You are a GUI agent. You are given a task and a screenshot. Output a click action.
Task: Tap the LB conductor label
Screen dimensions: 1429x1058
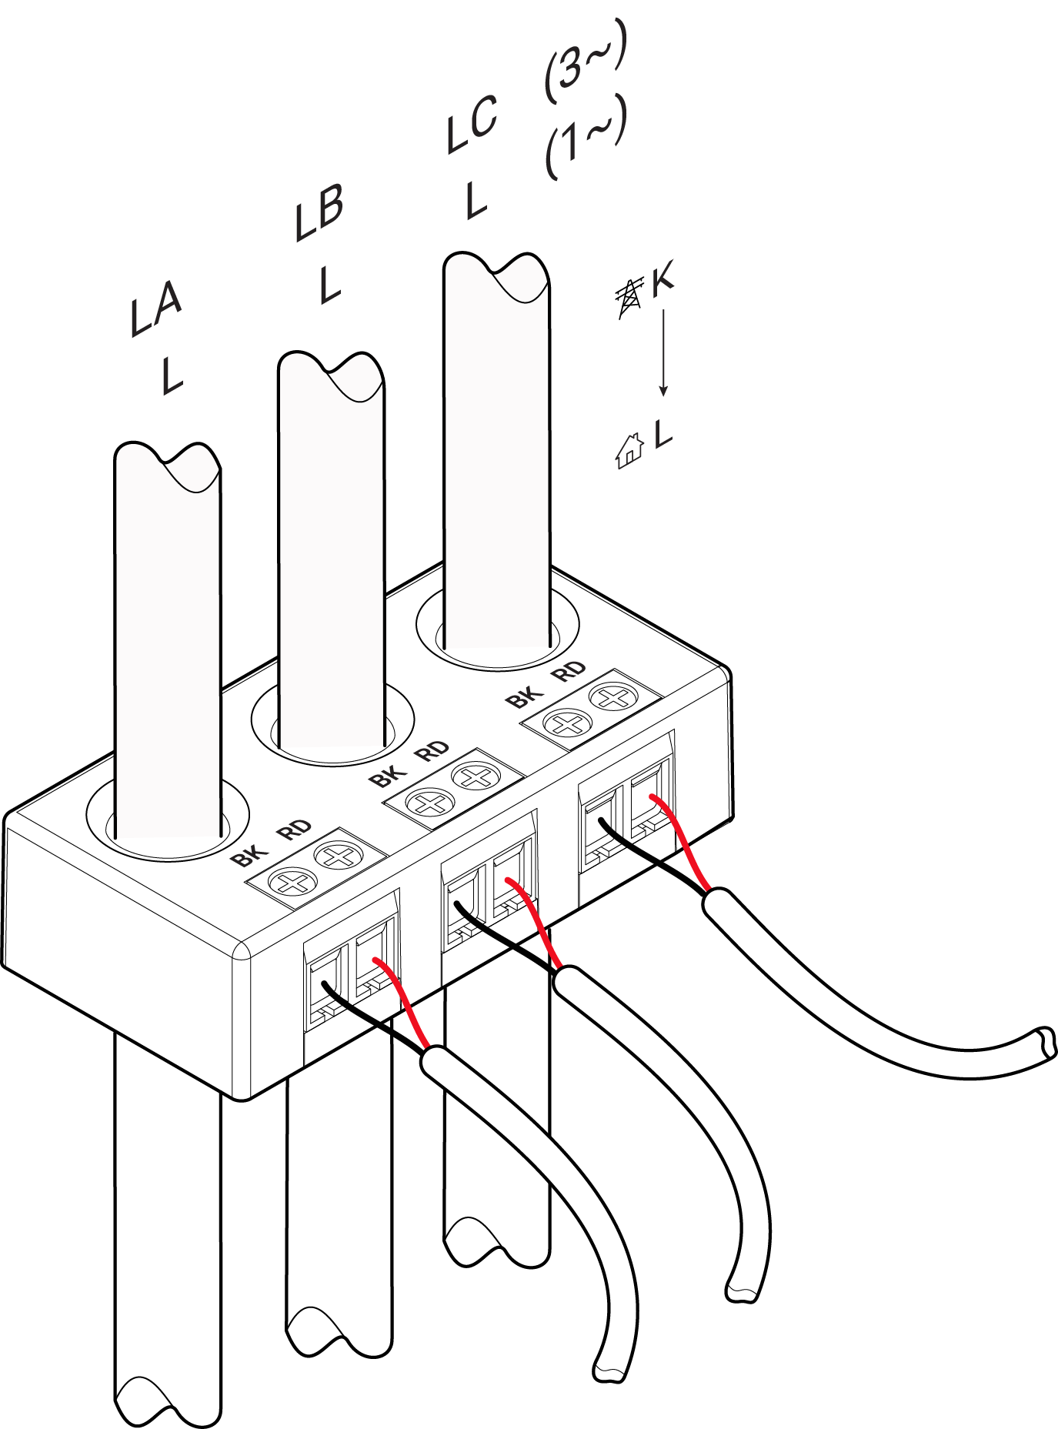point(319,213)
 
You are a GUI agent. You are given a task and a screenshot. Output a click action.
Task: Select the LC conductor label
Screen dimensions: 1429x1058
point(472,124)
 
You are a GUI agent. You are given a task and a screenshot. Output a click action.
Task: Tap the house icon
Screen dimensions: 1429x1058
point(629,450)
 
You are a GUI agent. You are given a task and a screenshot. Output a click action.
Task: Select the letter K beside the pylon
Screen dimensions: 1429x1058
point(663,279)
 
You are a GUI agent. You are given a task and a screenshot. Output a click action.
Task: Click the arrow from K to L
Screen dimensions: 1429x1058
point(663,353)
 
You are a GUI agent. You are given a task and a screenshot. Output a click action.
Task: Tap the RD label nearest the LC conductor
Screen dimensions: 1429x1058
point(569,673)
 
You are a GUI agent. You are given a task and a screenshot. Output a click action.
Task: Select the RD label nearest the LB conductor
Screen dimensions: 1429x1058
point(432,751)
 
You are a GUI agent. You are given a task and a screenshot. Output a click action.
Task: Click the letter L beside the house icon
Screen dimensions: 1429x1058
point(663,435)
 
